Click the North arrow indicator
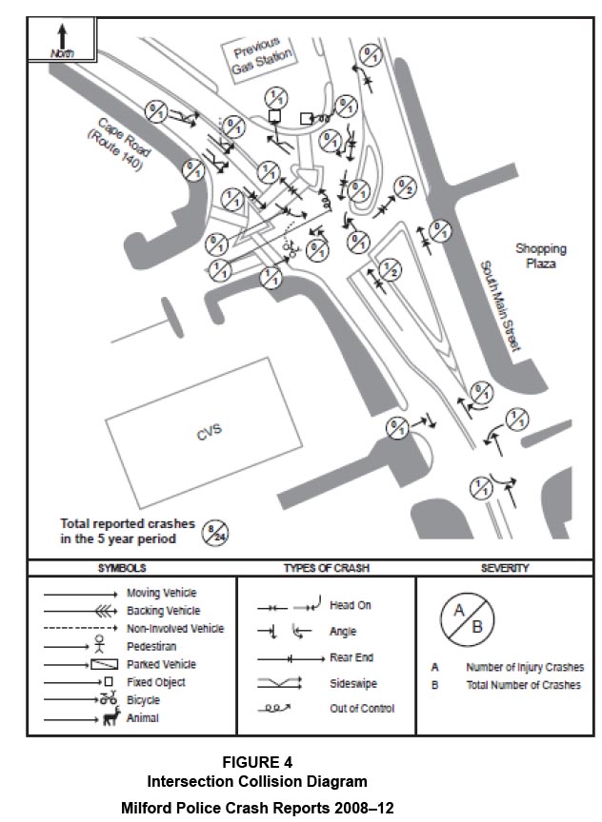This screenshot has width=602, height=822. pyautogui.click(x=62, y=40)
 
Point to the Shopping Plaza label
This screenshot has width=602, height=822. pyautogui.click(x=541, y=255)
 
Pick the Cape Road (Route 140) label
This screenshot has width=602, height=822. pyautogui.click(x=119, y=145)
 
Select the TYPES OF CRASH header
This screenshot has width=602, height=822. pyautogui.click(x=326, y=568)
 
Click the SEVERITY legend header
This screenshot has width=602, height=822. pyautogui.click(x=505, y=568)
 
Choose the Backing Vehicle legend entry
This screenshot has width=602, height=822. pyautogui.click(x=161, y=611)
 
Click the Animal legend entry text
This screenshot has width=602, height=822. pyautogui.click(x=143, y=718)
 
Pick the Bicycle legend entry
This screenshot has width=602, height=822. pyautogui.click(x=144, y=700)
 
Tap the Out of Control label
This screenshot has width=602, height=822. pyautogui.click(x=362, y=709)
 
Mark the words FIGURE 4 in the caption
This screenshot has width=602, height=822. pyautogui.click(x=257, y=762)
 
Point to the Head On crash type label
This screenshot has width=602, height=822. pyautogui.click(x=349, y=605)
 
